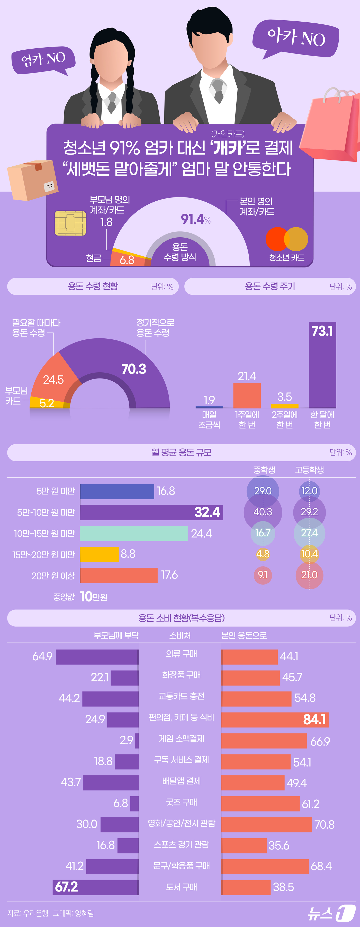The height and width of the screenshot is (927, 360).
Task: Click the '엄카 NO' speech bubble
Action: [43, 59]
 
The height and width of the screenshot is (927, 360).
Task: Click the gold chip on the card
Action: [70, 223]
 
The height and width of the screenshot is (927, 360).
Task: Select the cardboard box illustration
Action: [32, 180]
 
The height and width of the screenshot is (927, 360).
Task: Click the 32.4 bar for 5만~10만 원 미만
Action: [151, 512]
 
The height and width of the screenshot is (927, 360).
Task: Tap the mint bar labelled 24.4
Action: [133, 533]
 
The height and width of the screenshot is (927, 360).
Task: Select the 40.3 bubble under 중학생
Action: [263, 512]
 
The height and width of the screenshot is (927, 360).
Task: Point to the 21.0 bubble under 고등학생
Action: [309, 575]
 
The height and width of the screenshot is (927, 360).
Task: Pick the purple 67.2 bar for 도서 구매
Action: [95, 887]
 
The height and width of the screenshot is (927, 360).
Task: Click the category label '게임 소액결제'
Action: [182, 739]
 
